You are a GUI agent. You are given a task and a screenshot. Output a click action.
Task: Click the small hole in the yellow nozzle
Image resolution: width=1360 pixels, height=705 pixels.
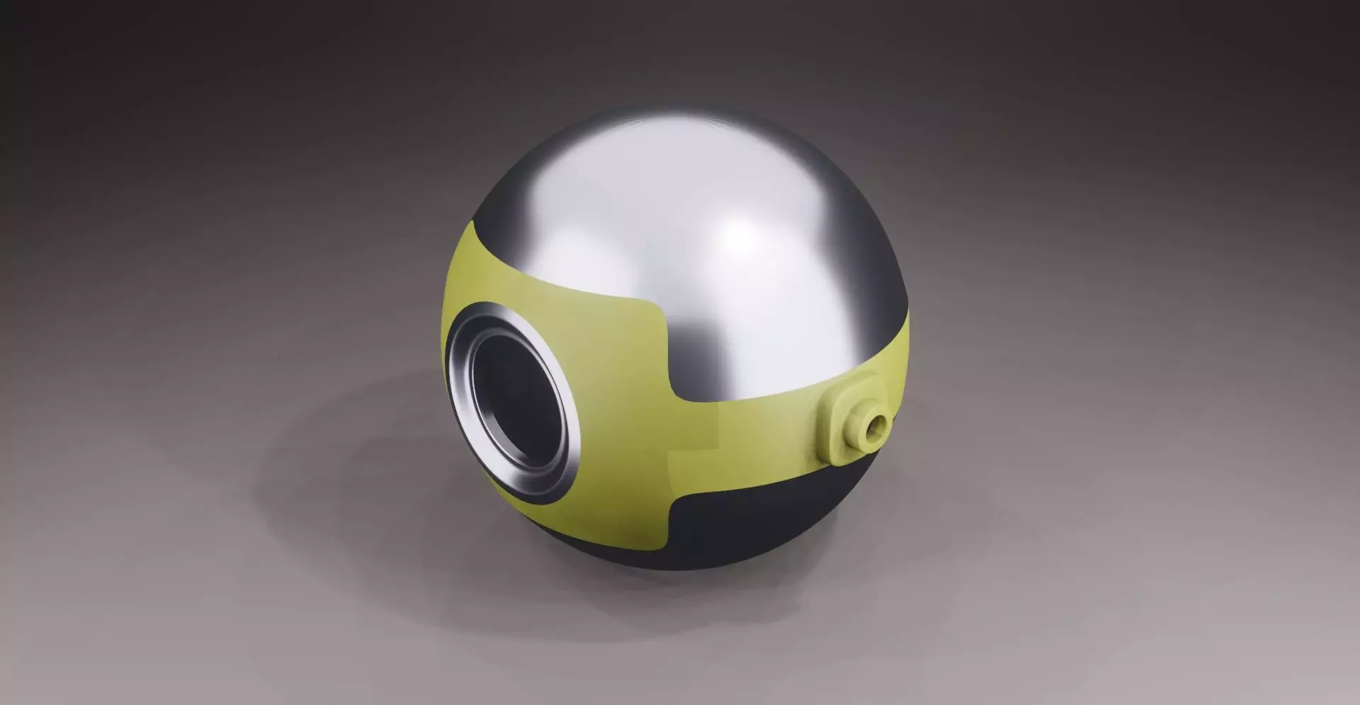[x=877, y=427]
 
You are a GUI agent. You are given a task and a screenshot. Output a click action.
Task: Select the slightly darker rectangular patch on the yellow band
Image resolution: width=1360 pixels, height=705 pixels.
[x=694, y=432]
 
